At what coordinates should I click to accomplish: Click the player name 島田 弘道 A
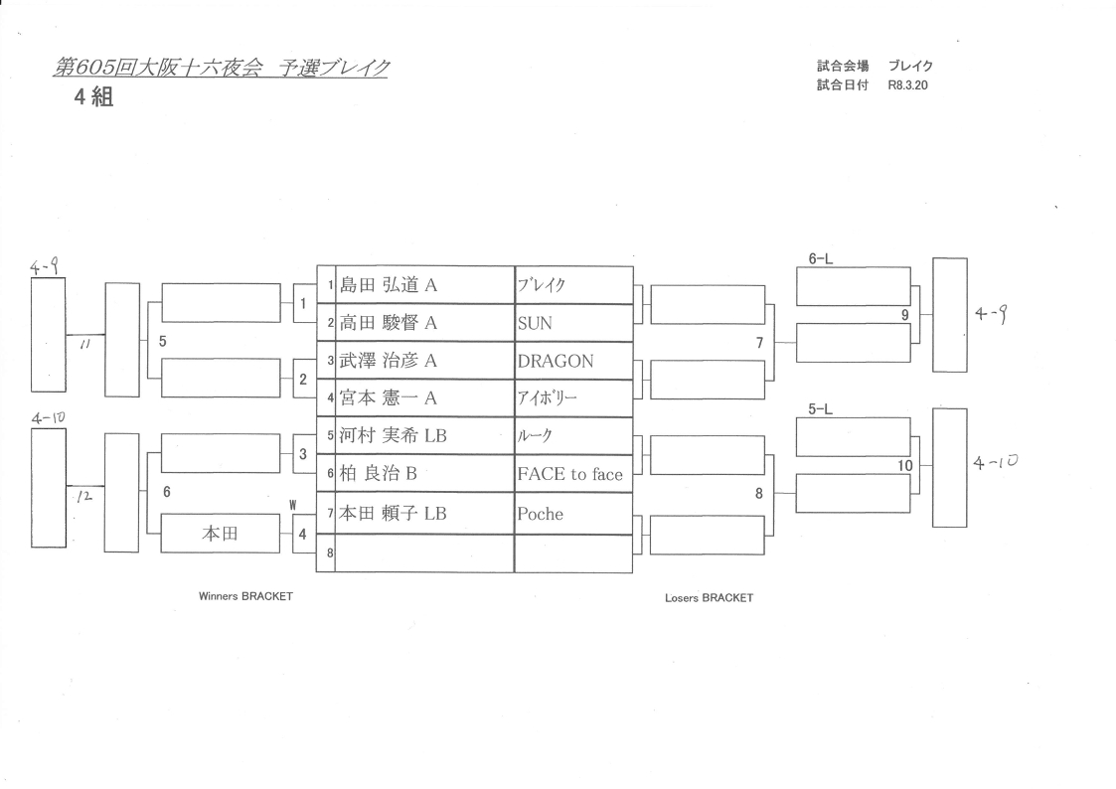390,285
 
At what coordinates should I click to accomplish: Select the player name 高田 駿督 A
390,323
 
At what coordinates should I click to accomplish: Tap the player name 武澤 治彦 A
390,361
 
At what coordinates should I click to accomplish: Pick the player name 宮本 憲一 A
390,397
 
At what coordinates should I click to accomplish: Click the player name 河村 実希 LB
394,435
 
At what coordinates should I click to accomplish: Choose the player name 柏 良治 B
379,474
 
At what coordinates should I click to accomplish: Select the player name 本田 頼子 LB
394,514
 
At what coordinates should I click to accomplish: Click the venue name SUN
535,324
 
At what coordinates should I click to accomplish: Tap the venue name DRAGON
556,362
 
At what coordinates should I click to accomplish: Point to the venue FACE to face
569,474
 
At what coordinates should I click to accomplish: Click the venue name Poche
540,514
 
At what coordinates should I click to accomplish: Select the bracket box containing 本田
220,534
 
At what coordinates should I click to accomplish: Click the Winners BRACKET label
246,597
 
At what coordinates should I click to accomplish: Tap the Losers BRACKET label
709,598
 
